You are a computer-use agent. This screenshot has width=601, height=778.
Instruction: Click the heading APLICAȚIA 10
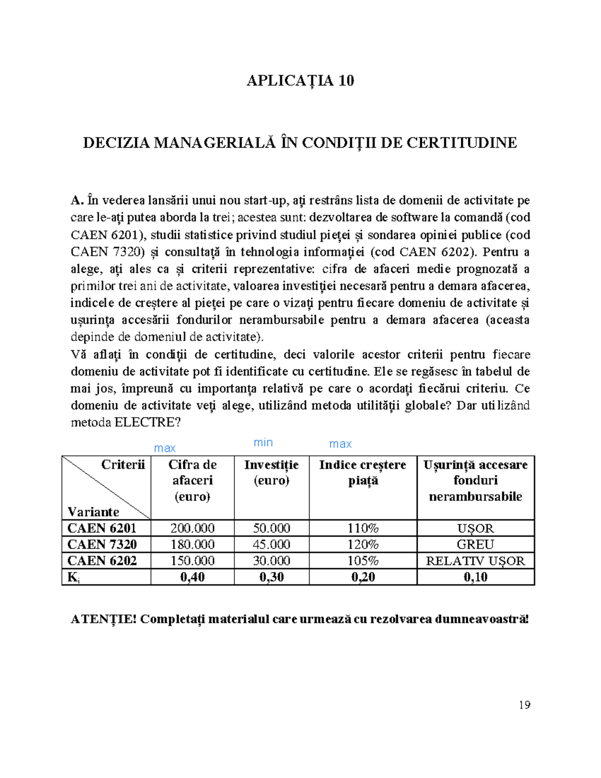coord(300,81)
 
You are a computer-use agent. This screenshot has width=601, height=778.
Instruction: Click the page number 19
coord(524,705)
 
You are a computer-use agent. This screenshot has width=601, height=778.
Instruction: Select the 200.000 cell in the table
coord(192,528)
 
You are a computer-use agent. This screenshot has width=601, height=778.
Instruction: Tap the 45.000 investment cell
coord(271,544)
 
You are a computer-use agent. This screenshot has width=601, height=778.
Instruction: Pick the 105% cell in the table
coord(363,561)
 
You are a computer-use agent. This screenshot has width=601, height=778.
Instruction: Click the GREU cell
coord(475,544)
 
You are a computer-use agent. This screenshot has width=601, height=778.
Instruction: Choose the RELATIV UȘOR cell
coord(475,561)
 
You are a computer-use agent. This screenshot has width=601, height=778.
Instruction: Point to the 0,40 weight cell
coord(192,577)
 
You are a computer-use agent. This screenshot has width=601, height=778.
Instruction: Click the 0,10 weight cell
coord(475,577)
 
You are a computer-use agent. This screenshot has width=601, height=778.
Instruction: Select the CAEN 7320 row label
coord(102,544)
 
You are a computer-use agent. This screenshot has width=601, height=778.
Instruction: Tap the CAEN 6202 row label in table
coord(102,561)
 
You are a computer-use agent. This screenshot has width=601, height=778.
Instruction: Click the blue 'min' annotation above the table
coord(263,442)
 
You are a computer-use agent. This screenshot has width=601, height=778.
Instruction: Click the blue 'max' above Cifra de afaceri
coord(165,448)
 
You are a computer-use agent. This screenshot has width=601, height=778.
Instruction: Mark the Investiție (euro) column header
coord(271,472)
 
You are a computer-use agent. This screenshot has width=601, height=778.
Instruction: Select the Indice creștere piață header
coord(363,472)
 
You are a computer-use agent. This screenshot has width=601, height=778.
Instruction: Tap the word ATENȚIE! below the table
coord(104,619)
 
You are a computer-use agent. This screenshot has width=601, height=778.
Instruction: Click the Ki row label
coord(73,577)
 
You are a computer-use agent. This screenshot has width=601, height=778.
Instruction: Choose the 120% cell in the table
coord(363,544)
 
